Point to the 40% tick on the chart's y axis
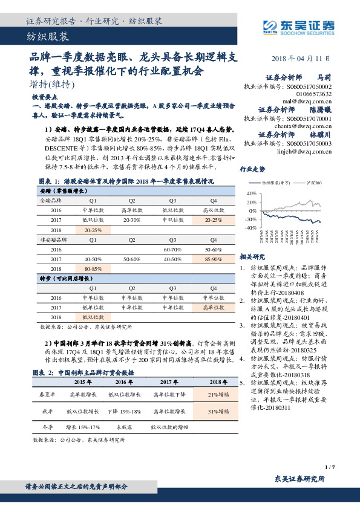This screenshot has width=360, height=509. (252, 193)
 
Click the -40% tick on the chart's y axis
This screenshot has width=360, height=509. (250, 228)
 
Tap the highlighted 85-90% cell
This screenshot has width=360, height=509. (213, 259)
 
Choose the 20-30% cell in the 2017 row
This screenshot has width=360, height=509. (133, 221)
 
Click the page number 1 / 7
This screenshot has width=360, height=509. (329, 467)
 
